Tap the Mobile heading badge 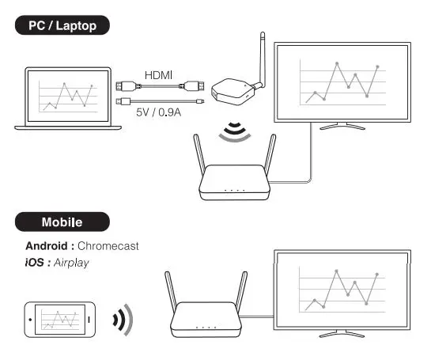click(x=62, y=222)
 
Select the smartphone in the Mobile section click(x=58, y=320)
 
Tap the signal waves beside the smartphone click(x=123, y=320)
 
